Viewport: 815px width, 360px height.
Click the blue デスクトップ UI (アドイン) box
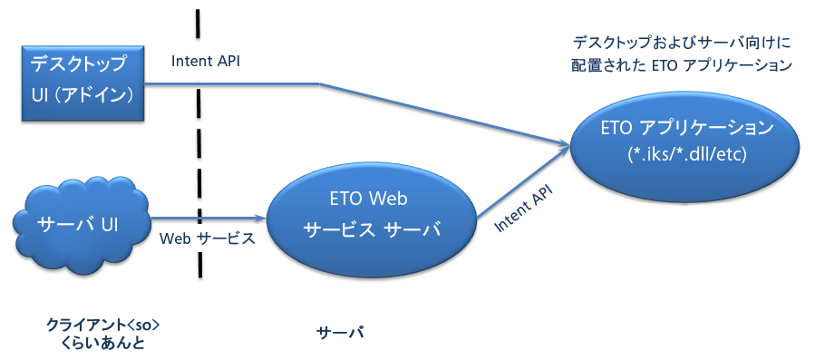(82, 83)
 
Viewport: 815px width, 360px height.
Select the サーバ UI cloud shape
(81, 224)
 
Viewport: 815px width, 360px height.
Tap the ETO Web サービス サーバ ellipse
(372, 215)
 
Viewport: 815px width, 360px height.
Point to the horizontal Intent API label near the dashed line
(205, 62)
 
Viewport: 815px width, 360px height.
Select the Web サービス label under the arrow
(208, 238)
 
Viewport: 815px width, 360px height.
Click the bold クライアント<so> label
(103, 326)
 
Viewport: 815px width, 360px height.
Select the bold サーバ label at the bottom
(341, 332)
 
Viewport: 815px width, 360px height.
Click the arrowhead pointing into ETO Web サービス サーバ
(261, 218)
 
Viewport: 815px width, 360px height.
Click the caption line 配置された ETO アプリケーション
(682, 65)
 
